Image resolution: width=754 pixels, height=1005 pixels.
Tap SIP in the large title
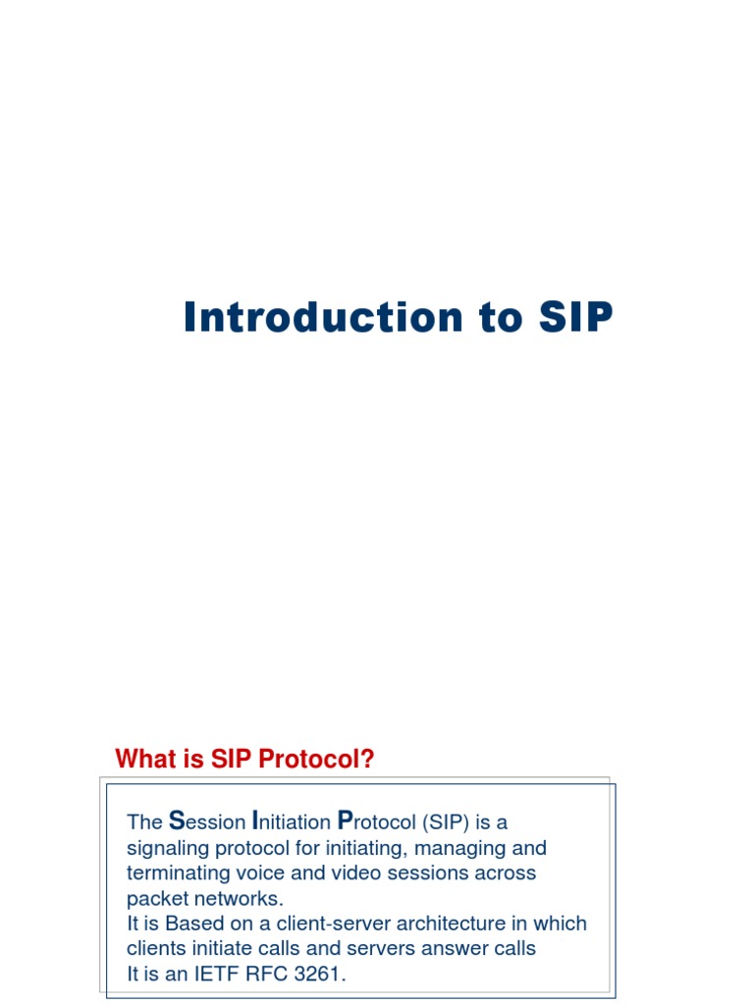[574, 318]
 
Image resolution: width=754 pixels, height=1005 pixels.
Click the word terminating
[176, 873]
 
